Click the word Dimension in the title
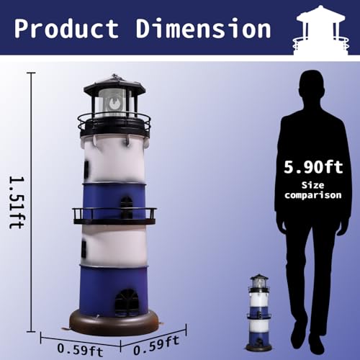[199, 29]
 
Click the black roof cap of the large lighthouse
[114, 85]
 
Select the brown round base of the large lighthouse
[114, 323]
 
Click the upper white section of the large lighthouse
[115, 158]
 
